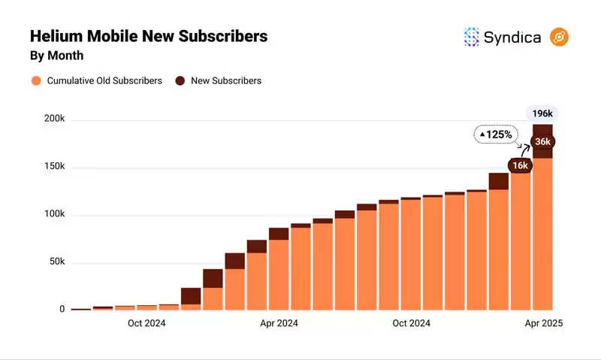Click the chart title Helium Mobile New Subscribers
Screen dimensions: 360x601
click(x=149, y=36)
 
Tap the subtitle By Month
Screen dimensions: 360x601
click(x=56, y=56)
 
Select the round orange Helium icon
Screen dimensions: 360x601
click(x=560, y=37)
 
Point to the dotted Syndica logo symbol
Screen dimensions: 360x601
click(x=472, y=37)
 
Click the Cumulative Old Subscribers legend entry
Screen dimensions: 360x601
click(x=96, y=80)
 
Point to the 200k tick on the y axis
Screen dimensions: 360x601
click(x=54, y=119)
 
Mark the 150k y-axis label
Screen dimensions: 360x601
click(x=54, y=166)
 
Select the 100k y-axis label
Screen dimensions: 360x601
click(x=54, y=214)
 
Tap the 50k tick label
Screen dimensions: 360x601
click(x=56, y=262)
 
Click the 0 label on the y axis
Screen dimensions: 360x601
click(x=62, y=309)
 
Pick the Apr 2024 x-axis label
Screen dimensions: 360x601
click(x=279, y=323)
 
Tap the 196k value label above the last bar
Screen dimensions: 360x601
click(x=542, y=114)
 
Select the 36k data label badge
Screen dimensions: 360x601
click(x=542, y=142)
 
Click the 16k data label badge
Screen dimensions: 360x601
click(x=520, y=165)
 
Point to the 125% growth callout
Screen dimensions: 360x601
click(x=496, y=135)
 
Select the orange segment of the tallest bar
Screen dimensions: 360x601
click(x=542, y=233)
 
